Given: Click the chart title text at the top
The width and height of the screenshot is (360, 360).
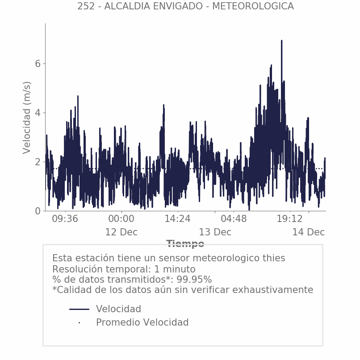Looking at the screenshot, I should coord(185,6).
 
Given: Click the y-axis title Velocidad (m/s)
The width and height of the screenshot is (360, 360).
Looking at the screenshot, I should coord(27,117).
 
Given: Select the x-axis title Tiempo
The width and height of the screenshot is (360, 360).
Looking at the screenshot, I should coord(185,244).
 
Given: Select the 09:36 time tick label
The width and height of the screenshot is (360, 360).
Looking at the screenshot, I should coord(65,219).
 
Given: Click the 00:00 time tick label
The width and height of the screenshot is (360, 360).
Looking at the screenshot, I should coord(121,219).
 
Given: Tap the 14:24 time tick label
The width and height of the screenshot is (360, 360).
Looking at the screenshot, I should coord(177,219).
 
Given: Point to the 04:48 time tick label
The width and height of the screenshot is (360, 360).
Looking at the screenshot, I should coord(234,219).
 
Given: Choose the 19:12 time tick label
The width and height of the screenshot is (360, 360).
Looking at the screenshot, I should coord(290,219).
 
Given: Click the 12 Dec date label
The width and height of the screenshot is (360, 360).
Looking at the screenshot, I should coord(121,232).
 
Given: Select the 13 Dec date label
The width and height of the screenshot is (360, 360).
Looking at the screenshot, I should coord(215,232).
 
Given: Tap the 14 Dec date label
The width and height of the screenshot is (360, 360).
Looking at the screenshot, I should coord(308,232).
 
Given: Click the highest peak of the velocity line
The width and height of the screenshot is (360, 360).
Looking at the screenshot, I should coord(281,41).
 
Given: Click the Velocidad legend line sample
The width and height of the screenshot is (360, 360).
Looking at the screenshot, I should coord(79,309).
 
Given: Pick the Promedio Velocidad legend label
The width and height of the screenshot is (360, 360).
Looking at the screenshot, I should coord(142,322).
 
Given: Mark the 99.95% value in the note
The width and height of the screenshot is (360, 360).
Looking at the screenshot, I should coord(193,280).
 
